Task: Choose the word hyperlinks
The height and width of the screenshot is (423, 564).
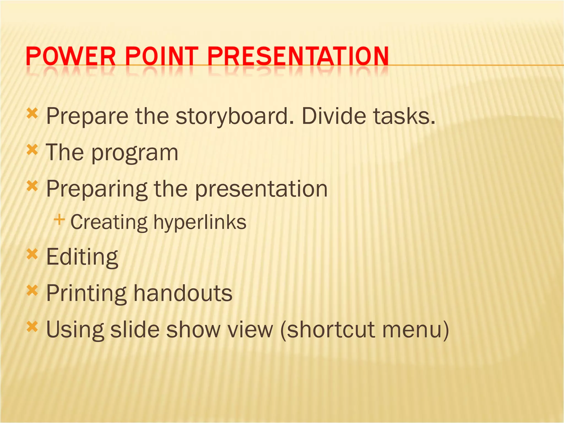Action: point(200,222)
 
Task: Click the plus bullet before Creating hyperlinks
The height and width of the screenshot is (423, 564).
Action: point(59,220)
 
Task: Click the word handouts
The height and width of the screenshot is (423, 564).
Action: point(183,293)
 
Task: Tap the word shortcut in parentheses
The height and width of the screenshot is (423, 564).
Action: point(328,330)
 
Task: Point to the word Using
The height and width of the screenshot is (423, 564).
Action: point(75,330)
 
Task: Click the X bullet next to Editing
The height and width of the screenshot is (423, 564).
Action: point(32,254)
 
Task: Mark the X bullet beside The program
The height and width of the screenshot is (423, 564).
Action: point(32,150)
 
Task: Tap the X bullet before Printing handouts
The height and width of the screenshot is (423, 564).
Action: point(32,291)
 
